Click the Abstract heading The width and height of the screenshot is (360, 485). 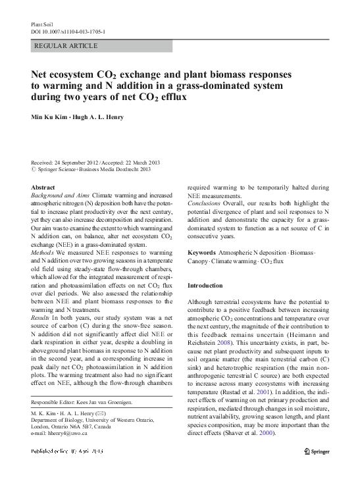coord(43,188)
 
